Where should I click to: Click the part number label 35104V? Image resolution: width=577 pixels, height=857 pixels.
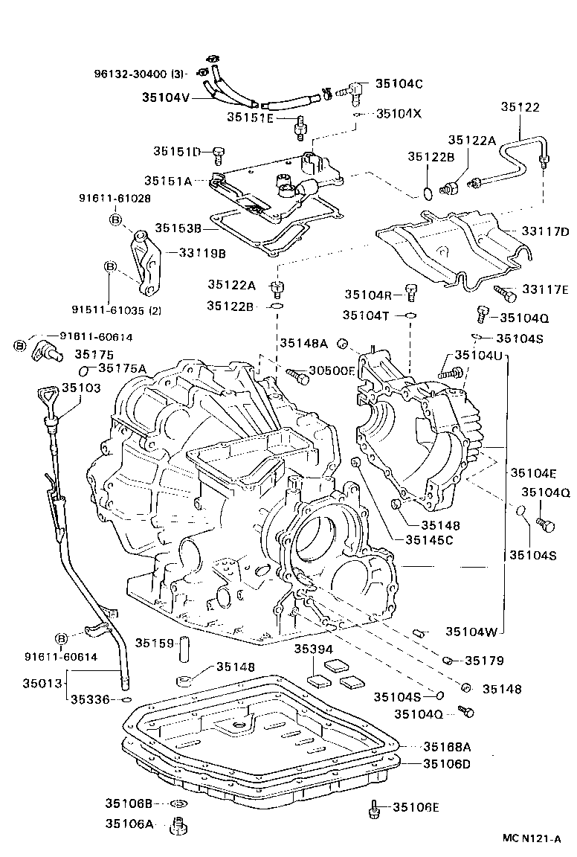point(166,96)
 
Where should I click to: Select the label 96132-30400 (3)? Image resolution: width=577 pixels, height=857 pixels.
point(139,74)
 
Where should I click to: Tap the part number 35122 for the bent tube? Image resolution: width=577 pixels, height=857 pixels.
point(520,107)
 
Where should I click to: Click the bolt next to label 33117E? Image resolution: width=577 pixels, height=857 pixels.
point(506,294)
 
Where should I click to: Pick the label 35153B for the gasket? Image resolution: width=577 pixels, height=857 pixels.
point(179,228)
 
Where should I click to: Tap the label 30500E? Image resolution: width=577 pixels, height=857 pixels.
point(332,370)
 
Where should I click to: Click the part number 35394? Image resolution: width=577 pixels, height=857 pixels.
point(312,649)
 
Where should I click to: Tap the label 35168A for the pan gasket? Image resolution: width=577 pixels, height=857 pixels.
point(448,746)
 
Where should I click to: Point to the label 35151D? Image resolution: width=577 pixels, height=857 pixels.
point(178,152)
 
